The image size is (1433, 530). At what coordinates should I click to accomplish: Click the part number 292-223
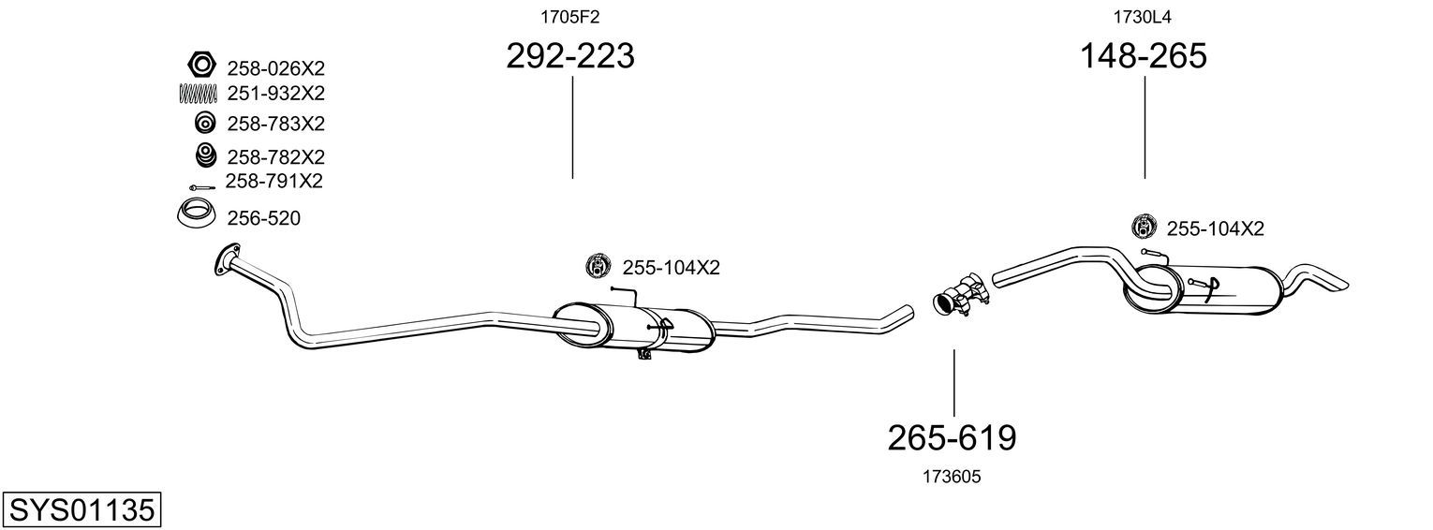pyautogui.click(x=570, y=55)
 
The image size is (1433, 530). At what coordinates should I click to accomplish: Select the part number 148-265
pyautogui.click(x=1144, y=55)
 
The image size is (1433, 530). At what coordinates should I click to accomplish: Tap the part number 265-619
pyautogui.click(x=952, y=438)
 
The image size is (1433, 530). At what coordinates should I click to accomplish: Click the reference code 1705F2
pyautogui.click(x=570, y=17)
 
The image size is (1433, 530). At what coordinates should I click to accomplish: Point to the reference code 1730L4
pyautogui.click(x=1142, y=17)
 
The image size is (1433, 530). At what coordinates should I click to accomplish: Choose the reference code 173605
pyautogui.click(x=952, y=477)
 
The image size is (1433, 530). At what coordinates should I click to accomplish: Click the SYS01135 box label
pyautogui.click(x=81, y=510)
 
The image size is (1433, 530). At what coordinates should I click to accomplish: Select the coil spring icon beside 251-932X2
pyautogui.click(x=198, y=94)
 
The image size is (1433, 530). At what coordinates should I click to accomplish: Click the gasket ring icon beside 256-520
pyautogui.click(x=195, y=213)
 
